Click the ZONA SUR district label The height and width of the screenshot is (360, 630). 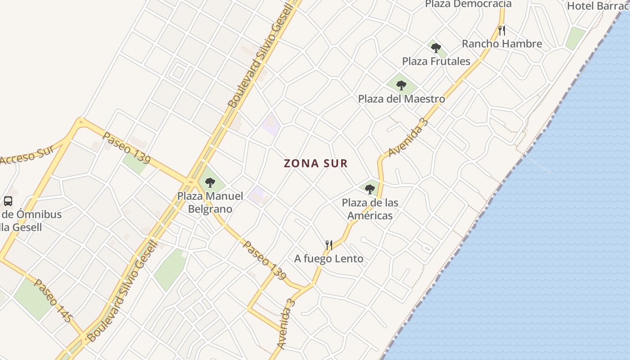click(316, 163)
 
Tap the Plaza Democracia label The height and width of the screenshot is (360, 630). click(468, 4)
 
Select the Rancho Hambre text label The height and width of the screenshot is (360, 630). click(502, 44)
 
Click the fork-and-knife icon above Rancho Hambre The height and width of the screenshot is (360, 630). click(502, 31)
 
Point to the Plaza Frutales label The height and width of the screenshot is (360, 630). click(436, 61)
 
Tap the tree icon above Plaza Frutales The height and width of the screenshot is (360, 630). click(436, 48)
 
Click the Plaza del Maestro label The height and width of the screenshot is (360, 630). click(401, 99)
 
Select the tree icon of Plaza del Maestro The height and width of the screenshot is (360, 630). click(401, 85)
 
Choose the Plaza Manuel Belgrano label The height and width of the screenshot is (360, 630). click(210, 202)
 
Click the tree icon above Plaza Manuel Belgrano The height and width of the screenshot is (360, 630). click(210, 182)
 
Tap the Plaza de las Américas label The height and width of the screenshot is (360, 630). click(370, 209)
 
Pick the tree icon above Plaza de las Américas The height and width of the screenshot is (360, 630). click(370, 189)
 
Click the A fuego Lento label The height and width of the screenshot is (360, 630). click(328, 259)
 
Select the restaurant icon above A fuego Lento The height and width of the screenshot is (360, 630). click(329, 245)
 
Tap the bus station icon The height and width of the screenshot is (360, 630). click(8, 201)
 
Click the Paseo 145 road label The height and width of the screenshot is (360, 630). click(53, 301)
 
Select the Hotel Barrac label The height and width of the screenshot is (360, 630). click(598, 6)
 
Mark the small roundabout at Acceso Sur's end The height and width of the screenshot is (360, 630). click(81, 121)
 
